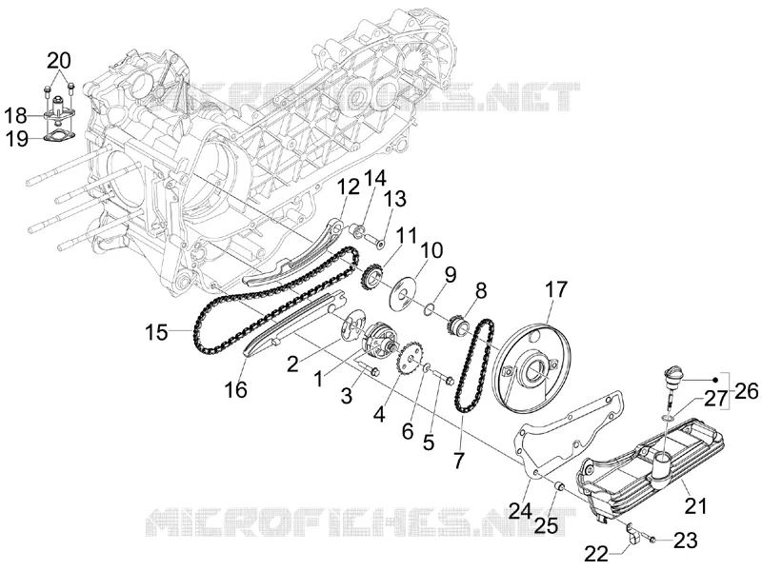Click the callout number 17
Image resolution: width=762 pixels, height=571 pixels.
(555, 289)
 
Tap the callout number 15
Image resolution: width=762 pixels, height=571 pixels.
(156, 333)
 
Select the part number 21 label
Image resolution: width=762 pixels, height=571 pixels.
(695, 506)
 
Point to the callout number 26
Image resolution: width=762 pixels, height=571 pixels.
(747, 390)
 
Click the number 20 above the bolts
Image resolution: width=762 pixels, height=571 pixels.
(59, 61)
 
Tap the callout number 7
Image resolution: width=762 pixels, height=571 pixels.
(459, 460)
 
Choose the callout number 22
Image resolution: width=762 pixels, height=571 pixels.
(596, 553)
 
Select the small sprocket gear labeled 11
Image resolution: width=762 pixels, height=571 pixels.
(372, 279)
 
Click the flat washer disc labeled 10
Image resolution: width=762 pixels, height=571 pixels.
(403, 293)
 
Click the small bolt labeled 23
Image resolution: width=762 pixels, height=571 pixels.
(648, 538)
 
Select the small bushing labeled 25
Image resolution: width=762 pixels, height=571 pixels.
(559, 485)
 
